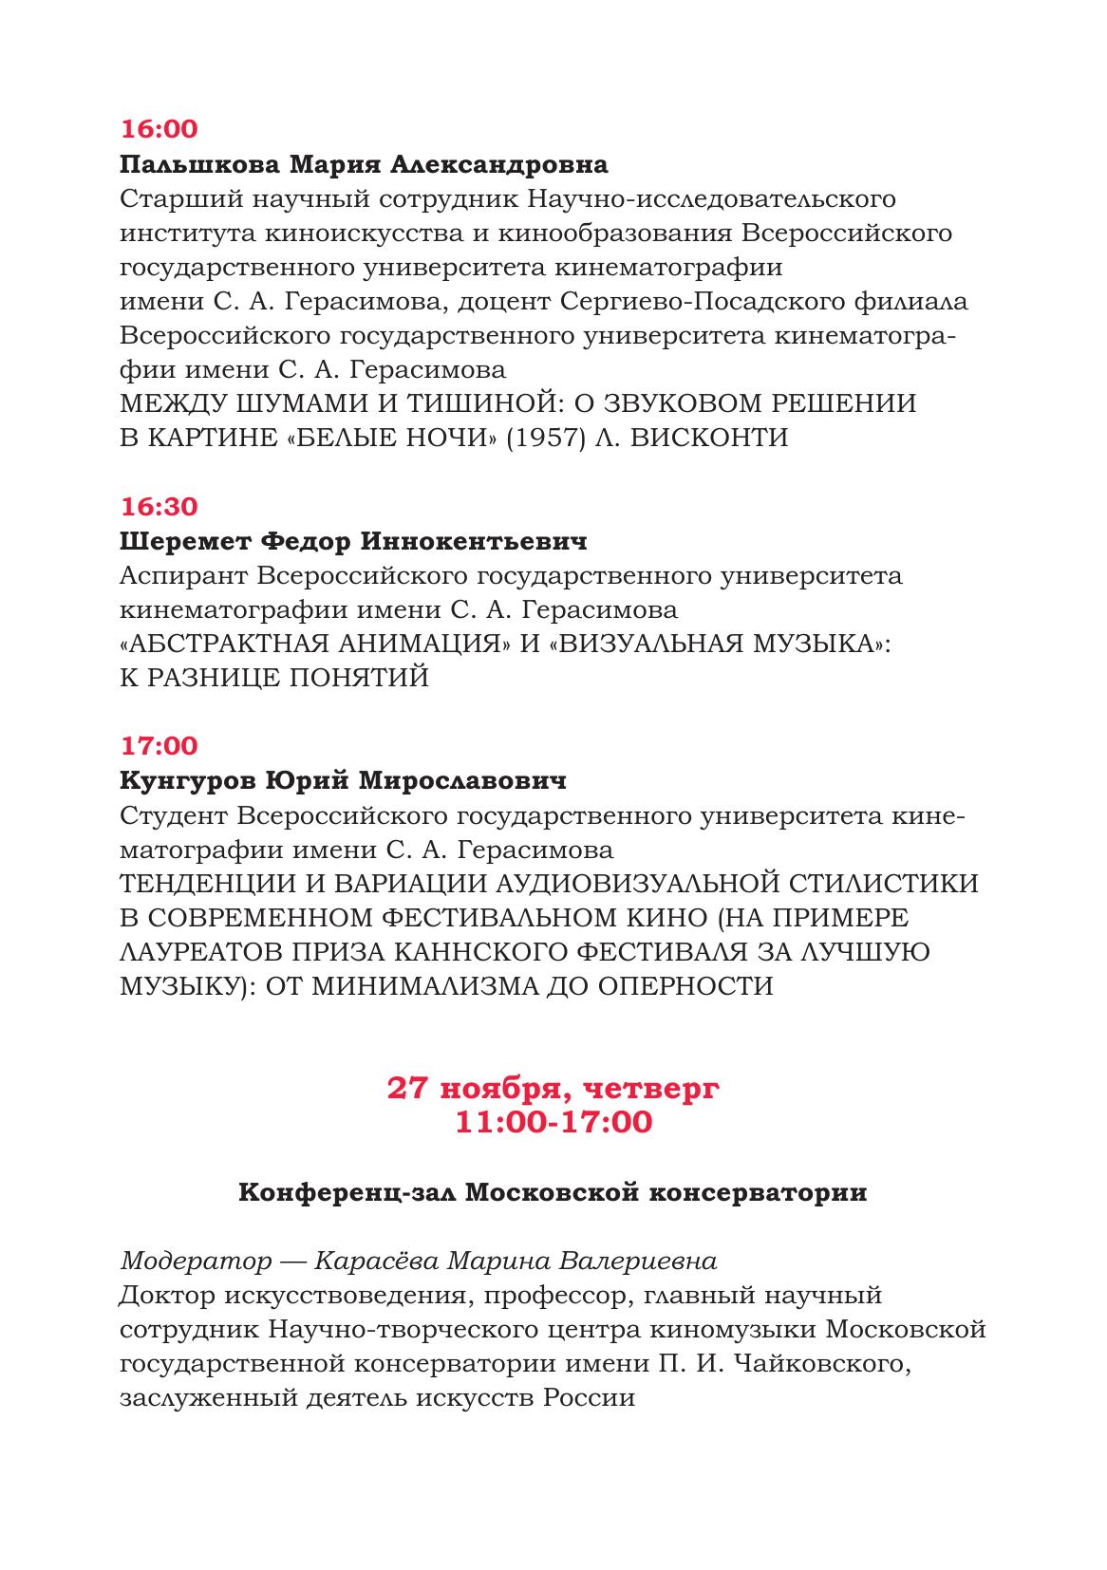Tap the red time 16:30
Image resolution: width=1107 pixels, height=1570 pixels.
(x=159, y=507)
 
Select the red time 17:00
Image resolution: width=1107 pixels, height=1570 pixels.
(x=159, y=746)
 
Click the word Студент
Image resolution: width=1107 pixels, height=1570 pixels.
(x=173, y=815)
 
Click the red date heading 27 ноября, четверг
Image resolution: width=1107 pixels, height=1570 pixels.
(x=553, y=1088)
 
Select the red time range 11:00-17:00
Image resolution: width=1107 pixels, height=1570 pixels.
(x=553, y=1122)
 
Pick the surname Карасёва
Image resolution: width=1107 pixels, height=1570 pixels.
(x=375, y=1262)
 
